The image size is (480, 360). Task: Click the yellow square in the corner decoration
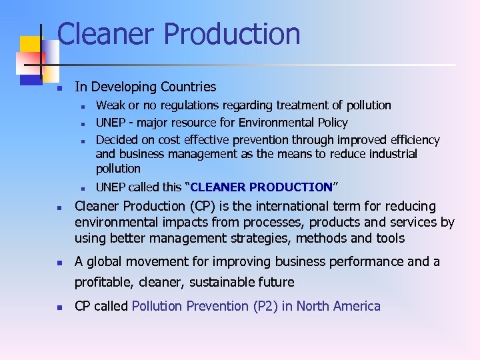coord(31,47)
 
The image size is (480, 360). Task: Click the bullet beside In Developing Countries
coord(59,88)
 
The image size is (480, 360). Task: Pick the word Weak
coord(109,105)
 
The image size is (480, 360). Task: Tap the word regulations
coord(177,105)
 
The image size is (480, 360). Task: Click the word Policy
coord(331,123)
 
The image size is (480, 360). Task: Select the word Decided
coord(117,140)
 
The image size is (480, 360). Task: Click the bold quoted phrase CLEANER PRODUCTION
coord(261,187)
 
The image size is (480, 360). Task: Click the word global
coord(104,261)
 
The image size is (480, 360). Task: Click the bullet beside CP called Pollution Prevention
coord(59,308)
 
